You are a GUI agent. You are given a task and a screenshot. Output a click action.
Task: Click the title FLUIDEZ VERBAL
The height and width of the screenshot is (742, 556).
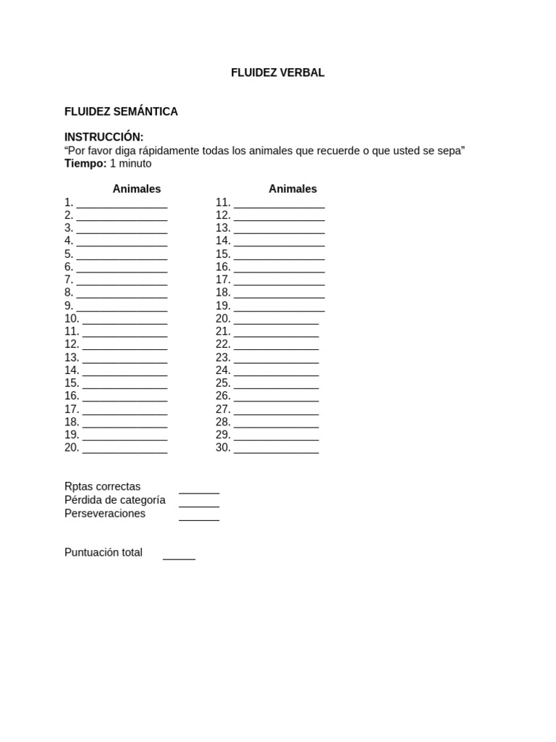point(277,72)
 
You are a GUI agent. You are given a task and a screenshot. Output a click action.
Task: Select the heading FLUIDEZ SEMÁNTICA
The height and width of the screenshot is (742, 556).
point(121,112)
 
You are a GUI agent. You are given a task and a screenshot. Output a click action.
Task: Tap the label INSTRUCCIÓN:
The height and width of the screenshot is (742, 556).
point(104,137)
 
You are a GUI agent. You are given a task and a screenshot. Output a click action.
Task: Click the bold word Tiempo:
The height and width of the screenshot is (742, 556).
point(85,163)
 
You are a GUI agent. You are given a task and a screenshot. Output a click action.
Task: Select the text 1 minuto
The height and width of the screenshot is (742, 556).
point(131,163)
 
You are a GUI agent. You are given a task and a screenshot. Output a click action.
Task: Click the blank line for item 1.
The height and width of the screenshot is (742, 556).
point(122,204)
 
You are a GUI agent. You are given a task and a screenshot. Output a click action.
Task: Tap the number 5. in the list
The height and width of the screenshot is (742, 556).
point(69,254)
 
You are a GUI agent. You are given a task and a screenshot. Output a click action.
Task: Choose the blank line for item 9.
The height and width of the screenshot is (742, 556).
point(122,308)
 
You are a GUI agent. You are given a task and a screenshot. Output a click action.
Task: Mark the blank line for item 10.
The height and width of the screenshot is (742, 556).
point(125,321)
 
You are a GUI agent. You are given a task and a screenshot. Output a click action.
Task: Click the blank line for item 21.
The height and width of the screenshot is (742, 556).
point(276,334)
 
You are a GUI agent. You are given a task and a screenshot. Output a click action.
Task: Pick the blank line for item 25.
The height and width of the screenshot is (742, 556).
point(276,385)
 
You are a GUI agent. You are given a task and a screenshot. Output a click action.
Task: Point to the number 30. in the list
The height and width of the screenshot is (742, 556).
point(223,447)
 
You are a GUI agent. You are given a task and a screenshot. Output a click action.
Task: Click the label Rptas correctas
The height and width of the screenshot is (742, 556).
point(102,486)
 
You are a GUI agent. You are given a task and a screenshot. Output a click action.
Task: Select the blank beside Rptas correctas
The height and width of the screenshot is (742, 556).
point(199,491)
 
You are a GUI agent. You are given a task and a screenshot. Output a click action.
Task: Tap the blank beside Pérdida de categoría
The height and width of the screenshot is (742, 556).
point(199,504)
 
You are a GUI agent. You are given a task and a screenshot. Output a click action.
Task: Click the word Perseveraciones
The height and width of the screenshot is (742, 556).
point(105,513)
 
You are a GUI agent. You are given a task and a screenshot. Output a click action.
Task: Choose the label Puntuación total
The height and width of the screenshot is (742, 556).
point(104,552)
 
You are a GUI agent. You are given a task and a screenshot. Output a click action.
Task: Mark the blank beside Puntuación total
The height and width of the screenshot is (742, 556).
point(179,556)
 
